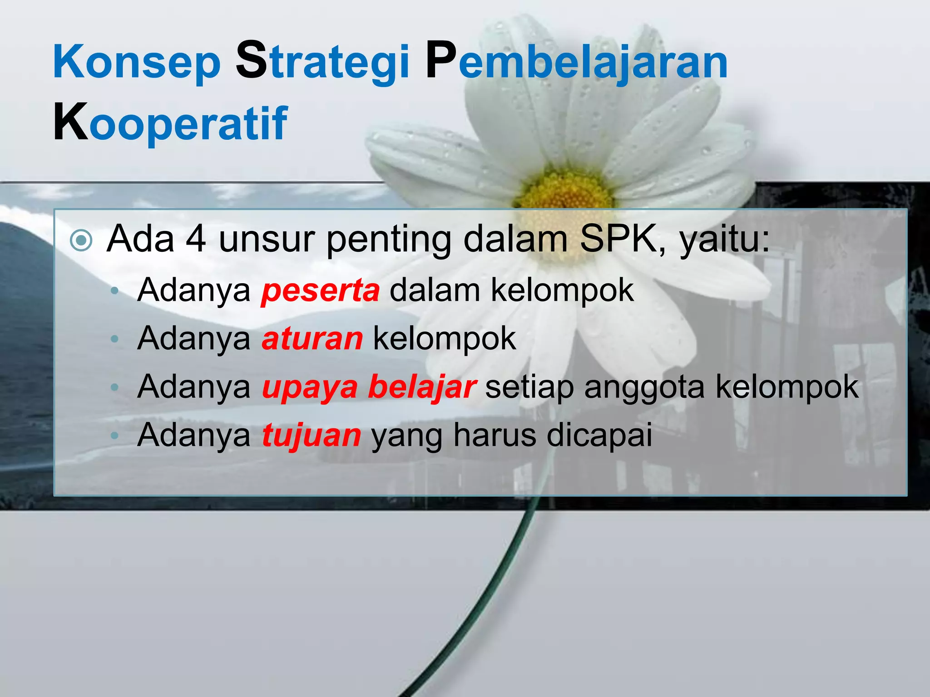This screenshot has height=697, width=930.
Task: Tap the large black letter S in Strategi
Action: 251,60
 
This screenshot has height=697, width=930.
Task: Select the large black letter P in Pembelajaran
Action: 440,60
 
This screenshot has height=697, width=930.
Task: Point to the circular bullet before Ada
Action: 82,241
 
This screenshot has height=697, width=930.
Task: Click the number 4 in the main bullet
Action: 196,239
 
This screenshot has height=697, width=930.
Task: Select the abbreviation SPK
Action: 618,239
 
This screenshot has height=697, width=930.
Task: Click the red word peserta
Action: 321,291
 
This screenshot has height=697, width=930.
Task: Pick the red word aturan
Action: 312,339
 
